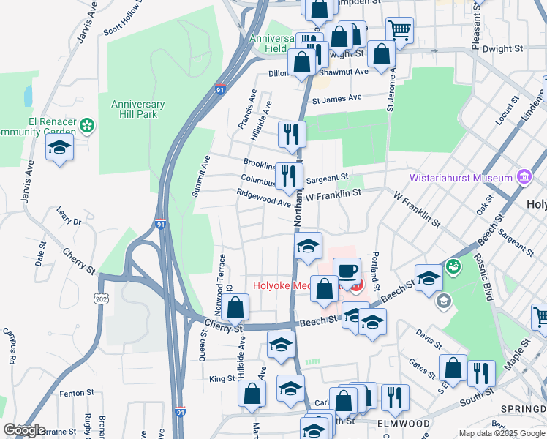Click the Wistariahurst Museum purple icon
coord(524,177)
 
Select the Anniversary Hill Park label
coord(137,109)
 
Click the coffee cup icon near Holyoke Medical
coord(347,271)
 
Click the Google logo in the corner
coord(24,430)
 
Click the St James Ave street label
coord(337,98)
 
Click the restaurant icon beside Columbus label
coord(290,176)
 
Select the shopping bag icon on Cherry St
coord(236,307)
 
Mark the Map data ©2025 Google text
coord(501,433)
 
